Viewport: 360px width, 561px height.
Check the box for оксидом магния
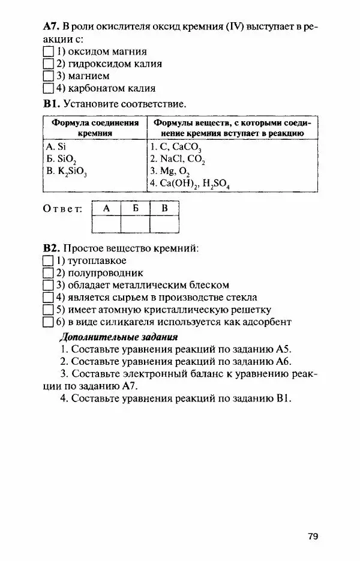pyautogui.click(x=49, y=52)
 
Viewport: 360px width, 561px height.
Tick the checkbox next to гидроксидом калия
pyautogui.click(x=49, y=64)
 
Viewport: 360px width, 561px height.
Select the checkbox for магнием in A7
pyautogui.click(x=49, y=76)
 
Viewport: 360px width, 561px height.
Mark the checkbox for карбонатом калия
pyautogui.click(x=49, y=88)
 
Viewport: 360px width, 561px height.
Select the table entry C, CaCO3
pyautogui.click(x=176, y=147)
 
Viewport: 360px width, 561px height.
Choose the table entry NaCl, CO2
pyautogui.click(x=178, y=159)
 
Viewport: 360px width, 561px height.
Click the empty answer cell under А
pyautogui.click(x=106, y=224)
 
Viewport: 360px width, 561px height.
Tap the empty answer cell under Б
pyautogui.click(x=135, y=224)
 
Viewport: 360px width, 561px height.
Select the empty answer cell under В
pyautogui.click(x=164, y=224)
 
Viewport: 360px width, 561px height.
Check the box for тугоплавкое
pyautogui.click(x=49, y=261)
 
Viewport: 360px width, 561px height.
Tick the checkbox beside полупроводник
pyautogui.click(x=49, y=273)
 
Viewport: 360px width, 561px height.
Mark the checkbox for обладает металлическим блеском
pyautogui.click(x=49, y=285)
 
